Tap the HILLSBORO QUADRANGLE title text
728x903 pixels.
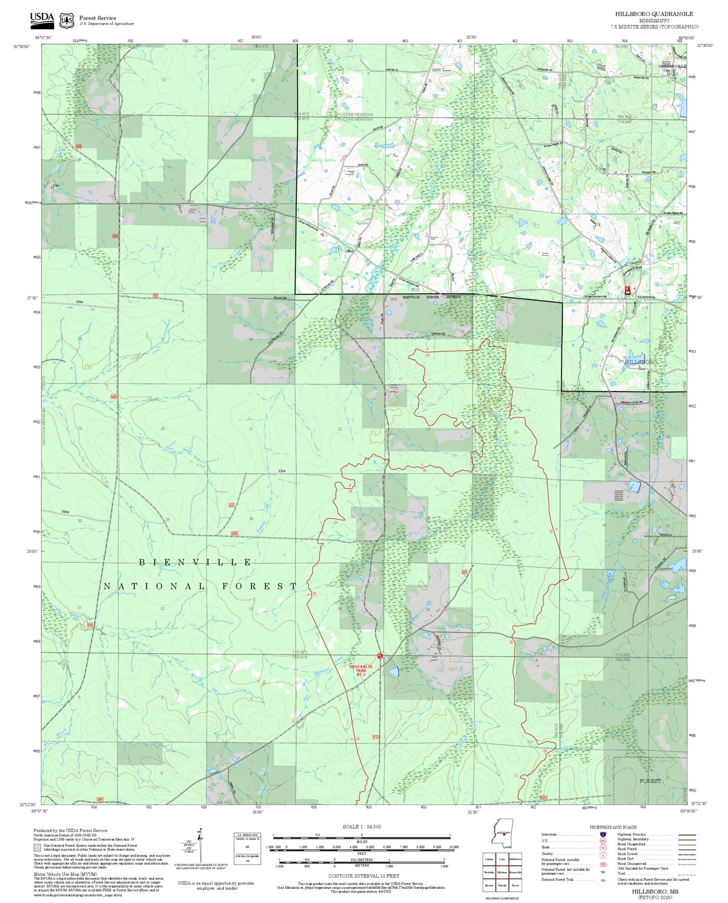654,14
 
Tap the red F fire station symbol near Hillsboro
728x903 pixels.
627,289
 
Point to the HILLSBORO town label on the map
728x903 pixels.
640,362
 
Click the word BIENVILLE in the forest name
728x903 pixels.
195,562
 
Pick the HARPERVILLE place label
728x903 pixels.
672,66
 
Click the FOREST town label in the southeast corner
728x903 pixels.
650,781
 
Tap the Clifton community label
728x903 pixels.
349,252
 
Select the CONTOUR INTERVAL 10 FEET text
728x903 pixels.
363,876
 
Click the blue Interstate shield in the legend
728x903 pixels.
603,835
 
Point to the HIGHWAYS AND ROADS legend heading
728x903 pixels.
613,827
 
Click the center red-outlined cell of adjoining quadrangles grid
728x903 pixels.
502,872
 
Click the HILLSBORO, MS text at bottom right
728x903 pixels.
655,891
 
